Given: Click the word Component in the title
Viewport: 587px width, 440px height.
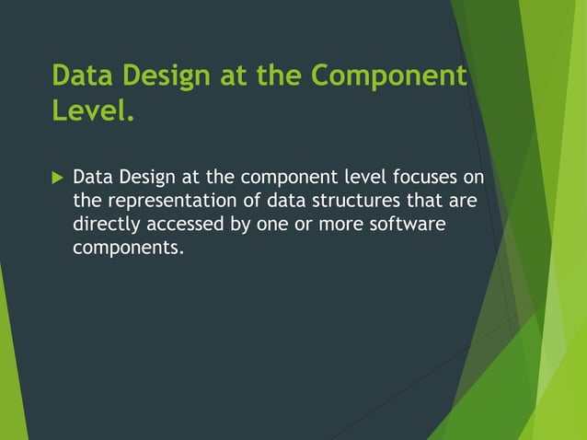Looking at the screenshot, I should tap(389, 75).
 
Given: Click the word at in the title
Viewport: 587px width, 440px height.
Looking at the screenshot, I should tap(236, 75).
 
